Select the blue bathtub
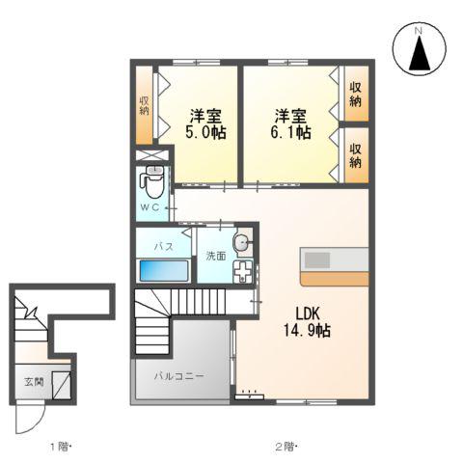(162, 269)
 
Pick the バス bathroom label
(164, 246)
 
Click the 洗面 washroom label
(215, 256)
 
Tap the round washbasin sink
(241, 241)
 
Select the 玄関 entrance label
(33, 382)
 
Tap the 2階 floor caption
(286, 447)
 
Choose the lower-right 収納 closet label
(356, 155)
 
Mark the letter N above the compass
(421, 30)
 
